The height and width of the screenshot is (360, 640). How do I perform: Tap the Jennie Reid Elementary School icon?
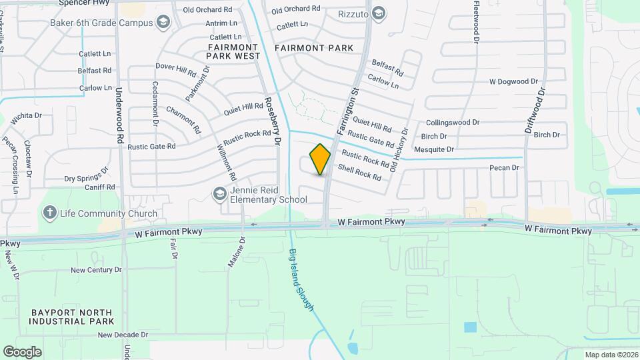coord(219,194)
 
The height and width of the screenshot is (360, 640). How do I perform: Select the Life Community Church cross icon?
coord(49,213)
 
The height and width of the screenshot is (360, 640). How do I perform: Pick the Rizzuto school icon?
coord(379,13)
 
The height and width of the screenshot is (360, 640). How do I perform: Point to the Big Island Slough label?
coord(301,279)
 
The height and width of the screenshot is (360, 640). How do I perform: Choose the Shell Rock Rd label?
coord(359,173)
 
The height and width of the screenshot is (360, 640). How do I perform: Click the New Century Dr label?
coord(96,270)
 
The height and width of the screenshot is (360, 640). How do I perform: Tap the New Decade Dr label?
coord(123,335)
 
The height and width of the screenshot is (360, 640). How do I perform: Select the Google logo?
coord(22,351)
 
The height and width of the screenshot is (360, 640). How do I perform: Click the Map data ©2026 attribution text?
coord(611,355)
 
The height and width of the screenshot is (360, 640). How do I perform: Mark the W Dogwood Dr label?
coord(513,81)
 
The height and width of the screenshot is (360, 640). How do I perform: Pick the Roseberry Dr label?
coord(270,115)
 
